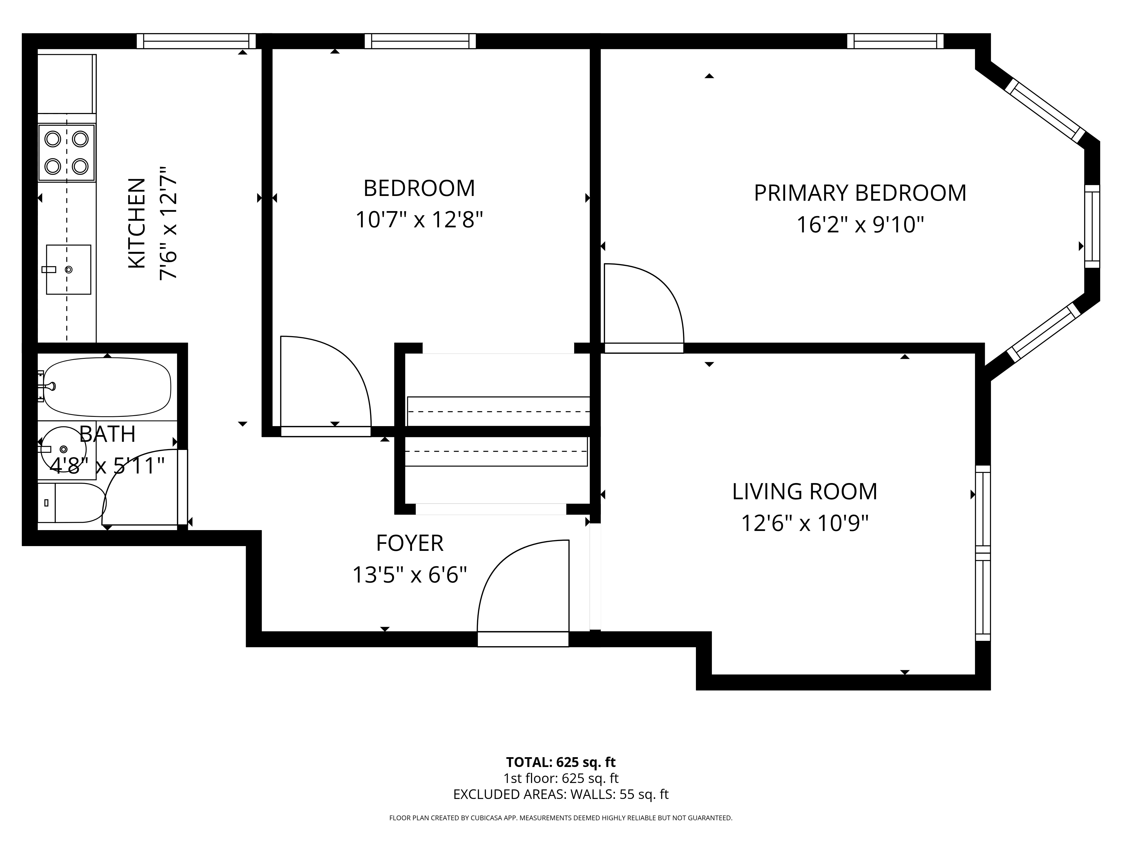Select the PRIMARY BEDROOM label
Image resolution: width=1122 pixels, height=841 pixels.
pos(860,193)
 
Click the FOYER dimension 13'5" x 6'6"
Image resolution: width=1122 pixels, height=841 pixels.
pos(409,575)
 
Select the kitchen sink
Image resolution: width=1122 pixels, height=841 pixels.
pos(68,269)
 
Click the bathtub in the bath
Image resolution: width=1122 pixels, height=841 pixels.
pos(107,387)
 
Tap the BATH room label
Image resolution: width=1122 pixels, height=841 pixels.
pos(107,434)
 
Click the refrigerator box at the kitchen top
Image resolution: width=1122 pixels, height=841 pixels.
pos(66,84)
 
